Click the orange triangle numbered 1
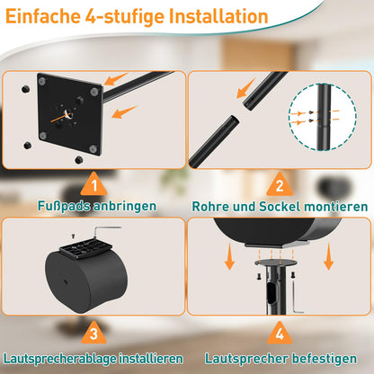(94, 186)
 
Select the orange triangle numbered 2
(279, 186)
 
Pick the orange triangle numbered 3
(94, 334)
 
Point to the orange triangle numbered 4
(279, 334)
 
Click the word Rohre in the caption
(214, 207)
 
